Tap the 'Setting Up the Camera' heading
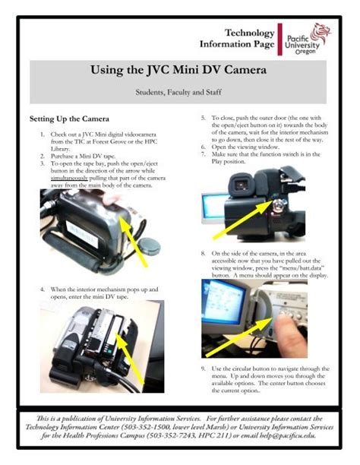tap(69, 119)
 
